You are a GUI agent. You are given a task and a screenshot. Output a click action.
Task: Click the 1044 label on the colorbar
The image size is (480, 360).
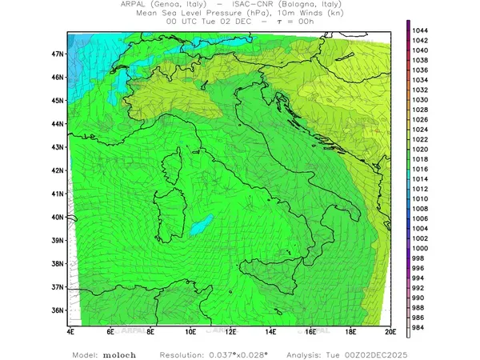(x=421, y=30)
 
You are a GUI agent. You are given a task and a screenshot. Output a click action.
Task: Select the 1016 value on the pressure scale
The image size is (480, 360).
(x=421, y=169)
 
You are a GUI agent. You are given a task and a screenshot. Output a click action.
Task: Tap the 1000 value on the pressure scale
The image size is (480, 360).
(x=421, y=248)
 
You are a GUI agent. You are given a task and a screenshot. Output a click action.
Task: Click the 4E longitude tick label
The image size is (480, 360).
(x=70, y=330)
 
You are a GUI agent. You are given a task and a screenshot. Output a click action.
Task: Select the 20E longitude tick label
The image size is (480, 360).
(x=390, y=330)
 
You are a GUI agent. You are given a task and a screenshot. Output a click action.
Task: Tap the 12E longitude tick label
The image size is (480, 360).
(x=230, y=330)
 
